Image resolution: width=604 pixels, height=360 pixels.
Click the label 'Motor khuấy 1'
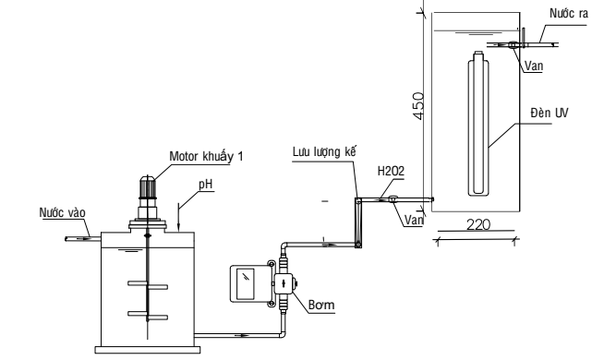(x=206, y=157)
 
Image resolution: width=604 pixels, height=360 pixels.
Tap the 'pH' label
(x=206, y=185)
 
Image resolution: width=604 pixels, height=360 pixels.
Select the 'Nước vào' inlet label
(x=62, y=212)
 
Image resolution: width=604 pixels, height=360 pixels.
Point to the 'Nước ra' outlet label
(x=569, y=14)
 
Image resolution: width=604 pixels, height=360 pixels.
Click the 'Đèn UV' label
(x=549, y=113)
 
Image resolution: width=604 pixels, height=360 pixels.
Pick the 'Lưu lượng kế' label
(x=324, y=151)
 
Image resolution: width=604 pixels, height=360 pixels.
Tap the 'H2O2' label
(x=391, y=171)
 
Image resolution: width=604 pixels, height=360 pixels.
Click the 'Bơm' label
(x=321, y=306)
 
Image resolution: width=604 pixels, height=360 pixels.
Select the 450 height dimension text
(x=418, y=105)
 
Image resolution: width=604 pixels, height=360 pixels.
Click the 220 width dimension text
(x=478, y=224)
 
